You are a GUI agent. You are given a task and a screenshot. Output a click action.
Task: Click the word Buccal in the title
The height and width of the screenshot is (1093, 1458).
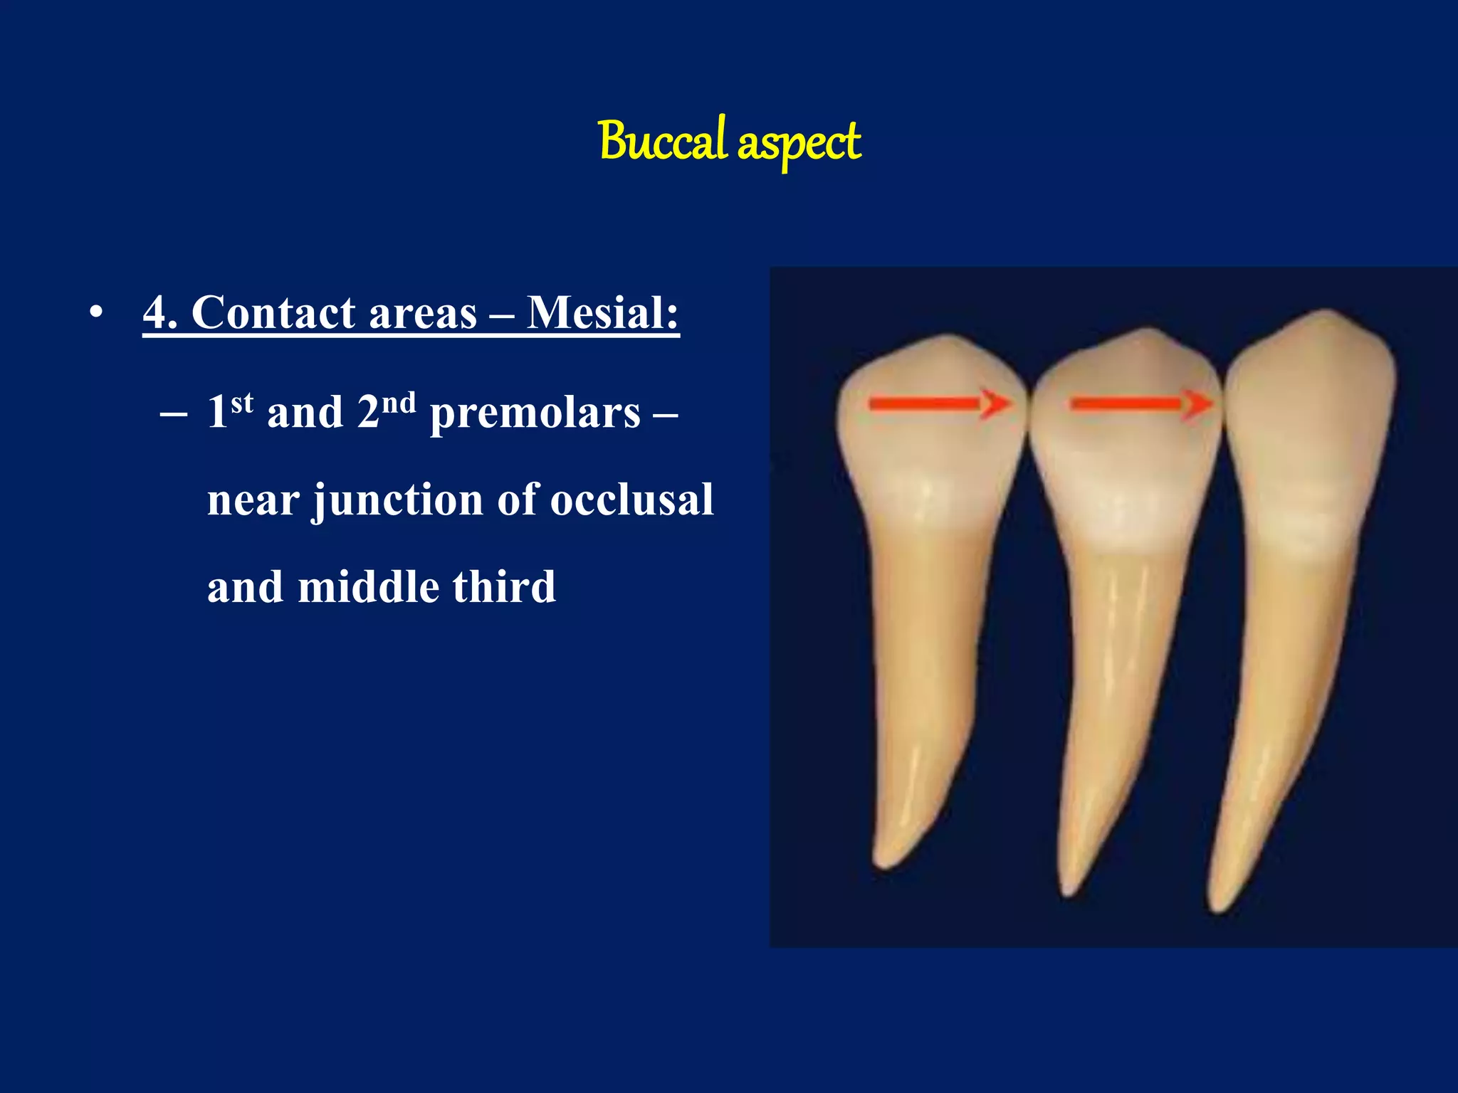662,141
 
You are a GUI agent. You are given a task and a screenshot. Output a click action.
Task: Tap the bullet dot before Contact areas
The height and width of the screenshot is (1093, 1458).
97,313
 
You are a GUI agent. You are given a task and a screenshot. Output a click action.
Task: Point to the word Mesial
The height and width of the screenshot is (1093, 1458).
602,313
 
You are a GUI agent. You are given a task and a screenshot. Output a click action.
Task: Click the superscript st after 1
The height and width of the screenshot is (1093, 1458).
242,403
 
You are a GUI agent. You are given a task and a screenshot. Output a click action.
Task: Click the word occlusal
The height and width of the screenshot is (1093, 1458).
631,500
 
